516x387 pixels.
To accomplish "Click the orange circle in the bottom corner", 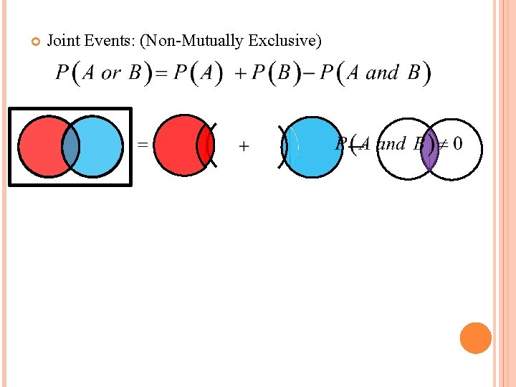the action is coord(476,338).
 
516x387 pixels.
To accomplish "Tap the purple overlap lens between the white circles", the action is coord(429,148).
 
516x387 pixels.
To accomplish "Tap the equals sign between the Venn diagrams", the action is coord(143,145).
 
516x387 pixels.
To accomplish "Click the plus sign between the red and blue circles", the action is coord(244,147).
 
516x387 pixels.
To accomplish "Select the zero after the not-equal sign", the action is coord(457,144).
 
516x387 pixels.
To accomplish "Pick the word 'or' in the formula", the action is coord(111,73).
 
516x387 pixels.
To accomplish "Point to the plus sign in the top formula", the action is coord(238,73).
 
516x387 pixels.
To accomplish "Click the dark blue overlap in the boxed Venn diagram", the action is coord(70,145).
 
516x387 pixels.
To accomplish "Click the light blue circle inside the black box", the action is coord(100,145).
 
